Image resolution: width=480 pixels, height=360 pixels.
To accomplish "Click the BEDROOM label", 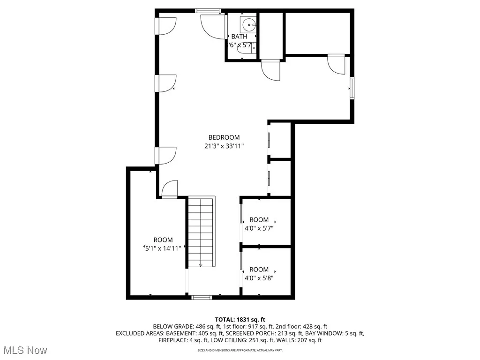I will pyautogui.click(x=224, y=137).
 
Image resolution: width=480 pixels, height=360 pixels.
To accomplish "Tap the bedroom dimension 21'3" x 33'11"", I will pyautogui.click(x=224, y=146).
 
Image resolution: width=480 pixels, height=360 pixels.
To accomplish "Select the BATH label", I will pyautogui.click(x=239, y=37).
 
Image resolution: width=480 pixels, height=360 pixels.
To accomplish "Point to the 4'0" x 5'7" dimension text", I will pyautogui.click(x=259, y=228).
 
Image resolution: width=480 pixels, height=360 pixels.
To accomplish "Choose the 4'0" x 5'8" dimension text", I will pyautogui.click(x=259, y=278).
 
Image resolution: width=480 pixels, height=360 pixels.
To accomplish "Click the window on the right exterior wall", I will pyautogui.click(x=352, y=89).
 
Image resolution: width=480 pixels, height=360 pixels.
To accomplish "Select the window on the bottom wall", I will pyautogui.click(x=202, y=297).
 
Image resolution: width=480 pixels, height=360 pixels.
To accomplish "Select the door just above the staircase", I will pyautogui.click(x=169, y=189).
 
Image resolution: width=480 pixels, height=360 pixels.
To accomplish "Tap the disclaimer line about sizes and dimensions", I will pyautogui.click(x=240, y=350).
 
